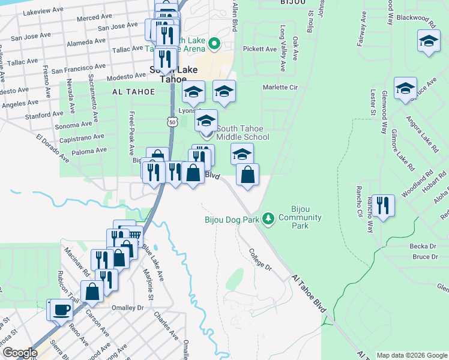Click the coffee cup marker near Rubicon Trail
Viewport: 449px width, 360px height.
coord(61,310)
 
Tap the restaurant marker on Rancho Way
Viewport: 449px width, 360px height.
coord(383,205)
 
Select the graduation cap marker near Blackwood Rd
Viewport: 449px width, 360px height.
coord(429,41)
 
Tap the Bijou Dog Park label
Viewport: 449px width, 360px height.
coord(232,220)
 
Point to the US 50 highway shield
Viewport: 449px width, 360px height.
coord(173,122)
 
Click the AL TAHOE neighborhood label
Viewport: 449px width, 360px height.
coord(133,92)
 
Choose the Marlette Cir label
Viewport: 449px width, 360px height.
coord(280,87)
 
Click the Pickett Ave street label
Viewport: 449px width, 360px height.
coord(259,49)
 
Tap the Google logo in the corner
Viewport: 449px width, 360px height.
coord(19,353)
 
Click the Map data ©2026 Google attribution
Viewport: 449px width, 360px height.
coord(411,355)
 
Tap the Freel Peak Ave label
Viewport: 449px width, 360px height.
coord(130,132)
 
